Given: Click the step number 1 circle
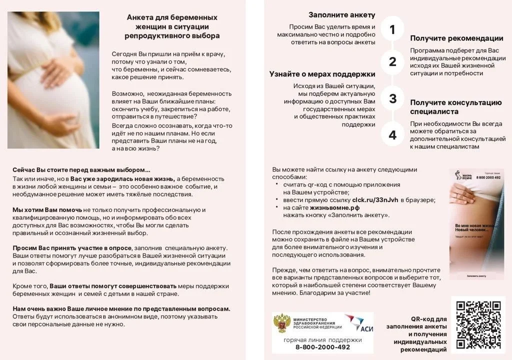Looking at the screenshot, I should (x=392, y=29).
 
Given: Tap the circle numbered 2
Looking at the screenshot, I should (x=392, y=62).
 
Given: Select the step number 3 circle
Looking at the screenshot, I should (x=392, y=98).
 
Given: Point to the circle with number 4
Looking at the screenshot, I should (x=392, y=135).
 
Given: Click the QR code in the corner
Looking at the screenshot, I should (x=478, y=325).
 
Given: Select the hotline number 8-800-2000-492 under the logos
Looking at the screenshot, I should (x=322, y=347).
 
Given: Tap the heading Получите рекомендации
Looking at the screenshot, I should (x=456, y=38).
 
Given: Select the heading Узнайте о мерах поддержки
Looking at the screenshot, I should (x=322, y=74).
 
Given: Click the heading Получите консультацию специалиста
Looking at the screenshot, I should (x=455, y=107).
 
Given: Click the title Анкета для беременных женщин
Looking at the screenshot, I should (x=172, y=26).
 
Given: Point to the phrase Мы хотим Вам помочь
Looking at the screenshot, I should (x=47, y=210).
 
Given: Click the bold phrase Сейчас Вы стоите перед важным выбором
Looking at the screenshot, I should (x=81, y=170).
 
